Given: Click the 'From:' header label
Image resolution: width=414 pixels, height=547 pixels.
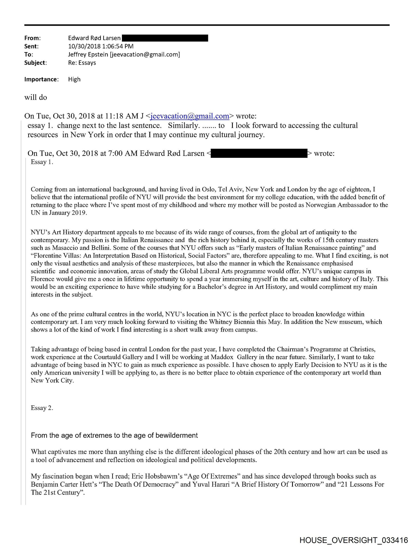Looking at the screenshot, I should (x=32, y=38).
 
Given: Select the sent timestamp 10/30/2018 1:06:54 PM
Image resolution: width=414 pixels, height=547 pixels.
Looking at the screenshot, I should (x=101, y=46).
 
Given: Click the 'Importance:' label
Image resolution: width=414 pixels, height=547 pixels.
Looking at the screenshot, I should (x=41, y=79).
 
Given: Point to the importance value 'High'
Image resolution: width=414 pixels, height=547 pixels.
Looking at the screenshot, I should (x=74, y=79).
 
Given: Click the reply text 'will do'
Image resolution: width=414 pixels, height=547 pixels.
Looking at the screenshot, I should (x=36, y=97).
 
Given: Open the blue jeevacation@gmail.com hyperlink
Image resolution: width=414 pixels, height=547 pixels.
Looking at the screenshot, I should (x=190, y=116).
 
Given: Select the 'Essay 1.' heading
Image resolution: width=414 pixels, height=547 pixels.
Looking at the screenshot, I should (x=42, y=162).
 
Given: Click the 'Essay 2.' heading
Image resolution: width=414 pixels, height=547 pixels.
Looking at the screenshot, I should (x=42, y=408).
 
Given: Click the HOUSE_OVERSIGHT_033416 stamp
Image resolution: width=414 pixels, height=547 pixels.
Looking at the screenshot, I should (x=354, y=540).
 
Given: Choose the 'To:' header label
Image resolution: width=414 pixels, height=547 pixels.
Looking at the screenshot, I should (x=28, y=54).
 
